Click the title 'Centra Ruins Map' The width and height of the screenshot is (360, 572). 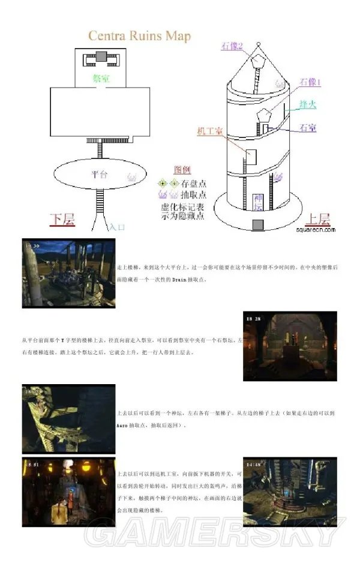coord(139,36)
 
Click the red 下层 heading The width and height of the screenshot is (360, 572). coord(62,220)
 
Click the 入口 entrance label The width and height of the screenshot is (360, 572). coord(117,227)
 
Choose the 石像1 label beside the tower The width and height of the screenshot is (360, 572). coord(311,82)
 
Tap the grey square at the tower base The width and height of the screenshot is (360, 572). coord(258,224)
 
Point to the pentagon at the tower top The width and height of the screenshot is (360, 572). coord(259,61)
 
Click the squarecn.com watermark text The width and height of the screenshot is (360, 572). coord(316,229)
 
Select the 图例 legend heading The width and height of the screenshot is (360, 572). coord(182,170)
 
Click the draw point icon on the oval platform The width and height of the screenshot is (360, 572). coord(133,178)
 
